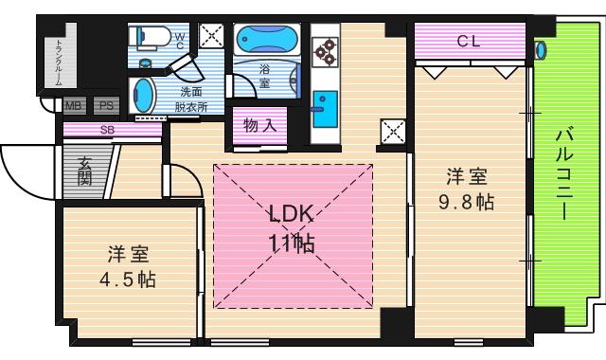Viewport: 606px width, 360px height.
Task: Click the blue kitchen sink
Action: [325, 102]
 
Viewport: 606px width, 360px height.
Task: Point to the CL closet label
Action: [468, 41]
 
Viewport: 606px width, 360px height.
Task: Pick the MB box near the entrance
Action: [73, 106]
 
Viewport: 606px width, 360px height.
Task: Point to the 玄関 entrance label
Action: [85, 171]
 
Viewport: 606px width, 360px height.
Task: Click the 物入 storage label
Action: [258, 125]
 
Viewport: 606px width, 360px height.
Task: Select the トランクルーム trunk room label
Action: [58, 57]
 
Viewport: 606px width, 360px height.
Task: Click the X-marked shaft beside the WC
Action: [210, 39]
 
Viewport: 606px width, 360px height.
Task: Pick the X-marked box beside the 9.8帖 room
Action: [391, 133]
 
